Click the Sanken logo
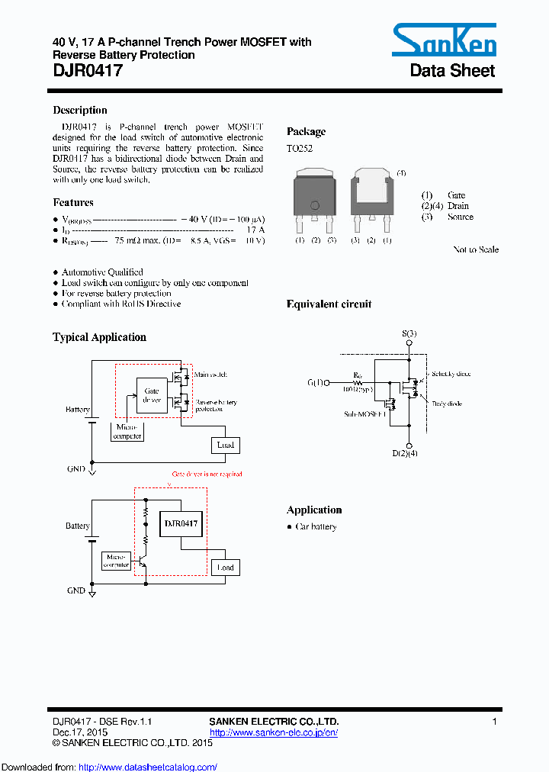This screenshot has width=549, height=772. click(444, 40)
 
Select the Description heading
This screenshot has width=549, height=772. click(80, 110)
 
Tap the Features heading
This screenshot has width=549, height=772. click(73, 202)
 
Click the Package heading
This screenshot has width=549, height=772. click(306, 131)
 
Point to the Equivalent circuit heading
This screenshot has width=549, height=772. click(329, 304)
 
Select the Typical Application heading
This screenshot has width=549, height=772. click(99, 337)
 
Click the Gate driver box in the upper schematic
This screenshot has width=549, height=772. click(152, 395)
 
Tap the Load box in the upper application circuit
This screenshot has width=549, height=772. click(226, 445)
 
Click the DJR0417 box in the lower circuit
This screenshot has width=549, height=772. click(181, 523)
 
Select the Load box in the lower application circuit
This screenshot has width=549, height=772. click(226, 568)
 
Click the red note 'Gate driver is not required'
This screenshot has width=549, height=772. click(207, 474)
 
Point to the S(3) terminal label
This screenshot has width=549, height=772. click(409, 333)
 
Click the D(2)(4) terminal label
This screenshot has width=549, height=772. click(405, 453)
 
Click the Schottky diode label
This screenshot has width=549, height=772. click(451, 375)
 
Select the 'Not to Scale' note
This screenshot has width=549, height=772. click(476, 249)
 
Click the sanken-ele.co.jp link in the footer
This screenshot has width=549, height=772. click(273, 732)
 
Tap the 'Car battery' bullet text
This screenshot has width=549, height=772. click(316, 527)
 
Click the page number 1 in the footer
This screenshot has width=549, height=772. click(495, 722)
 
